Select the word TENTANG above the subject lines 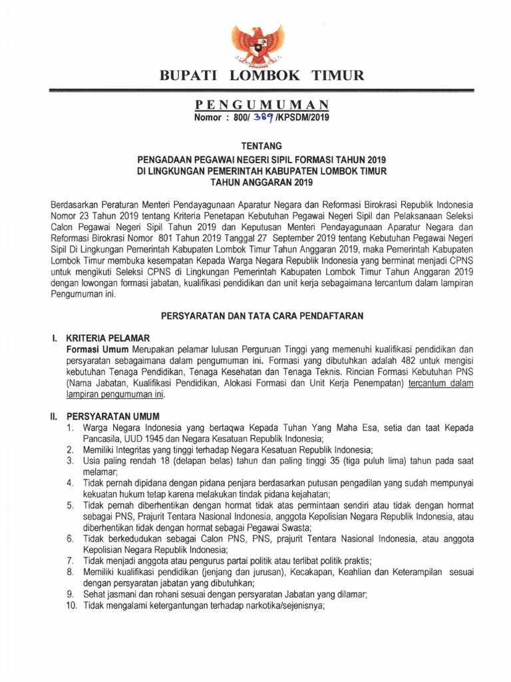[x=255, y=145]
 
